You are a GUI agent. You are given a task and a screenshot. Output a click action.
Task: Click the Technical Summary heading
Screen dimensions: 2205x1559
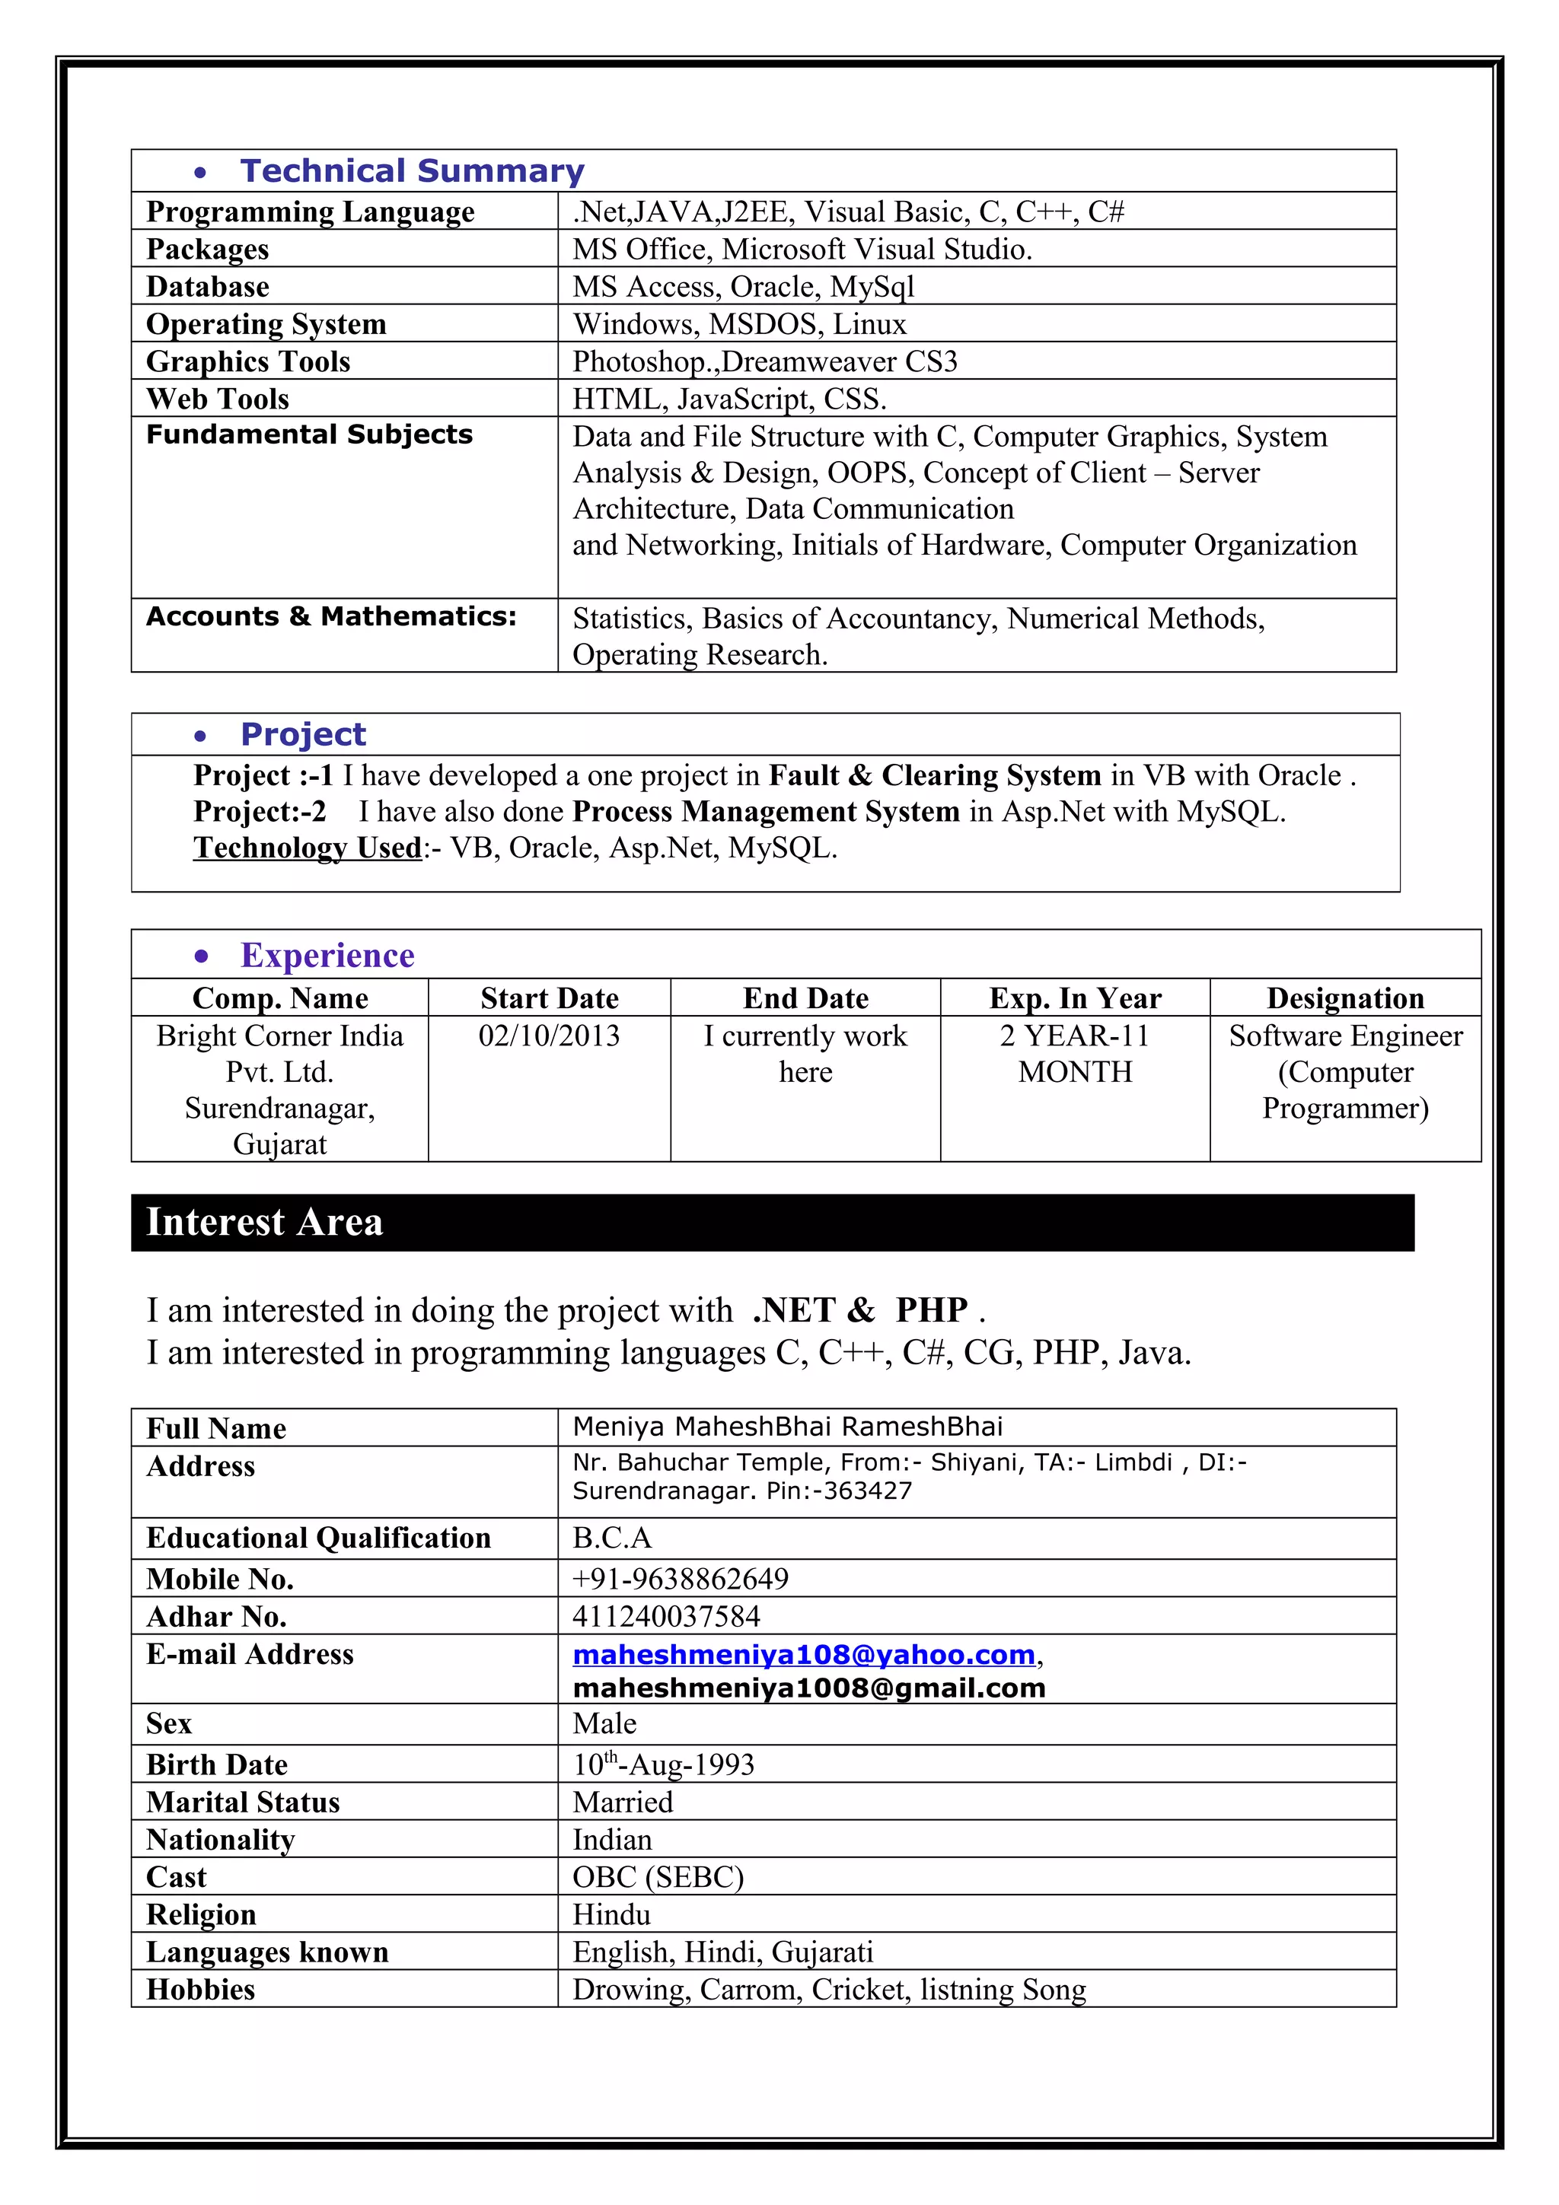pyautogui.click(x=411, y=171)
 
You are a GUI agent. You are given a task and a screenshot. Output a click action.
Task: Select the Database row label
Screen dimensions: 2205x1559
pyautogui.click(x=208, y=286)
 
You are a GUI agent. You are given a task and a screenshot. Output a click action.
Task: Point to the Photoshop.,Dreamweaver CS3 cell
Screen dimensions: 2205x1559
pyautogui.click(x=764, y=361)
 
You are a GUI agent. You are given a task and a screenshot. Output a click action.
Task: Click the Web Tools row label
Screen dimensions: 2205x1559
pyautogui.click(x=217, y=399)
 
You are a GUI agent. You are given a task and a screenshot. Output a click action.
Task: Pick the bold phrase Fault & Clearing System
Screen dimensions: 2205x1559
pyautogui.click(x=935, y=775)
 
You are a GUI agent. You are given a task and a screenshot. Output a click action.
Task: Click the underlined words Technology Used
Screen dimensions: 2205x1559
pyautogui.click(x=308, y=848)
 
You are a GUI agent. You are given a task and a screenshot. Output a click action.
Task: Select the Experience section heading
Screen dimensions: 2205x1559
pyautogui.click(x=327, y=956)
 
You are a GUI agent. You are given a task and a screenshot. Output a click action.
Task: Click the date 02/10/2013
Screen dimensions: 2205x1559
pyautogui.click(x=550, y=1036)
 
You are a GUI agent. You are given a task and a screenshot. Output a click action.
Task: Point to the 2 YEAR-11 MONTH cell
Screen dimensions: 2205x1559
pyautogui.click(x=1074, y=1054)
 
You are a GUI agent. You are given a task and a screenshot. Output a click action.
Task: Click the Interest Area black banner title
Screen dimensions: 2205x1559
pyautogui.click(x=264, y=1223)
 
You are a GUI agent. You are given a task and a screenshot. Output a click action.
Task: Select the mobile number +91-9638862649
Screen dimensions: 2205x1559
pyautogui.click(x=680, y=1579)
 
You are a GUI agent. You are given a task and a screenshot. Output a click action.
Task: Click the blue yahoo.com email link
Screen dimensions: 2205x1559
pyautogui.click(x=803, y=1655)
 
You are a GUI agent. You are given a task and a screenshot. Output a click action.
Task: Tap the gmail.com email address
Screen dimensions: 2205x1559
pyautogui.click(x=808, y=1688)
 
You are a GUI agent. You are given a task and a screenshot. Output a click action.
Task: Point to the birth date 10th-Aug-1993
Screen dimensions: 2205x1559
pyautogui.click(x=663, y=1765)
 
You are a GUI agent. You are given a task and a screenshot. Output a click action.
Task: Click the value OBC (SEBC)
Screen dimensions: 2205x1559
pyautogui.click(x=658, y=1878)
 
